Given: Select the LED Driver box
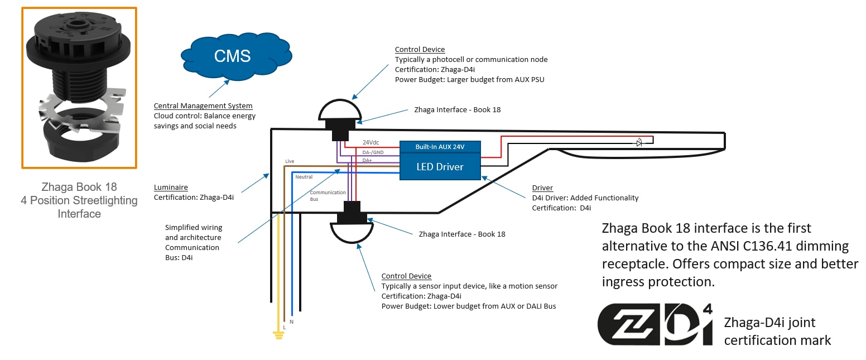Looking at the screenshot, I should point(440,166).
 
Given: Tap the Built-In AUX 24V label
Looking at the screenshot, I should point(440,147).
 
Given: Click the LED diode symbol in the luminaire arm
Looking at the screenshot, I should point(639,143).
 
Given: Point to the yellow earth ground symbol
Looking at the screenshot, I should point(278,334).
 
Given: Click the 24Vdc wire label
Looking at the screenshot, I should point(371,142).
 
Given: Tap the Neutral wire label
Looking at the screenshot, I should point(304,177).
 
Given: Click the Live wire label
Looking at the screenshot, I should point(289,161).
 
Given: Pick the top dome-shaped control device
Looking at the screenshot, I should point(340,111).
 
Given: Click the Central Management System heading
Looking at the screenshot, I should point(203,106).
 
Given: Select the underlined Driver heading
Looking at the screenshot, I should point(542,188).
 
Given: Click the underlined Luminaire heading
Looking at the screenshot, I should point(171,188).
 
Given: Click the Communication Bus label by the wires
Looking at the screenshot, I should point(320,195).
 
